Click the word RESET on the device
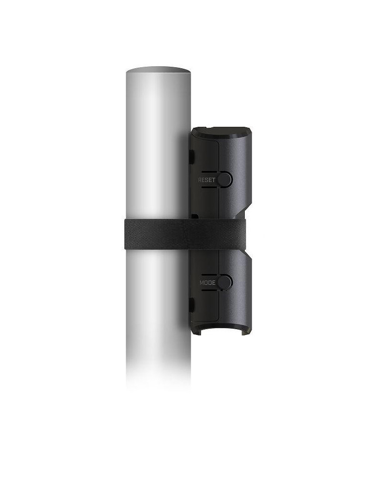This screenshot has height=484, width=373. coord(207,180)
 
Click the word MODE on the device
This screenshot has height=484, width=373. coord(208,283)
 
